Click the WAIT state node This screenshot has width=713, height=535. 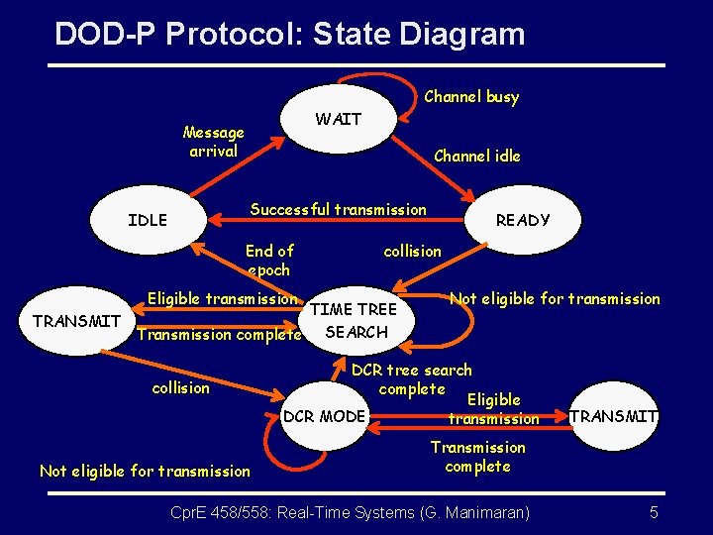pos(339,120)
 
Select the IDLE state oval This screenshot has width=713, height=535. pos(148,220)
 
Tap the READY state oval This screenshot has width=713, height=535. pos(522,220)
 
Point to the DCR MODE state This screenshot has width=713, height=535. pos(324,416)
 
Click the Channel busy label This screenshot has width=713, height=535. pos(471,96)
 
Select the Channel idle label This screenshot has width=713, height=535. pos(476,156)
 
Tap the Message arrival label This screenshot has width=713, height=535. pos(214,142)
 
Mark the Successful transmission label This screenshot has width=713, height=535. pos(338,209)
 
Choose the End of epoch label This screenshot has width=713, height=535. pos(269,261)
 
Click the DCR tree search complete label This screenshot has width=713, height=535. pos(412,379)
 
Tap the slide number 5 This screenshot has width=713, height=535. pos(654,512)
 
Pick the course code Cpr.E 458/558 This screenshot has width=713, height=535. pos(218,512)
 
